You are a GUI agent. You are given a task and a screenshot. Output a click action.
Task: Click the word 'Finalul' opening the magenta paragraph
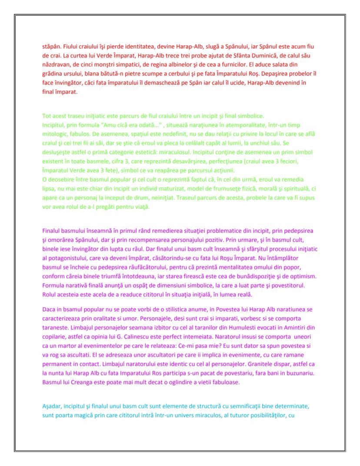point(52,231)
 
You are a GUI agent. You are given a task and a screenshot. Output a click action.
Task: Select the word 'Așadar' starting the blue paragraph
point(51,406)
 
